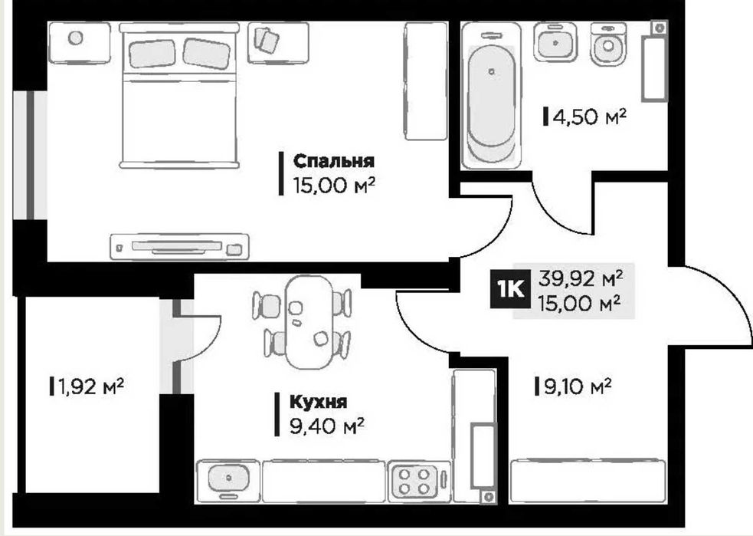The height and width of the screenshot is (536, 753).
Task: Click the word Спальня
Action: coord(333,160)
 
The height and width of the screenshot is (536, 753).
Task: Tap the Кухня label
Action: coord(318,401)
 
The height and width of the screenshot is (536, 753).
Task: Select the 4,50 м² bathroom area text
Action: coord(590,117)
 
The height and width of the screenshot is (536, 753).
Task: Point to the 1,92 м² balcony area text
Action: coord(90,386)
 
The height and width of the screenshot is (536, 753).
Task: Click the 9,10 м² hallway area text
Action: coord(578,386)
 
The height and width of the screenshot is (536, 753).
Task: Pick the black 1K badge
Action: coord(510,289)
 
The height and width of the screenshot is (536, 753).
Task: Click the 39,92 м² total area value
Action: coord(581,278)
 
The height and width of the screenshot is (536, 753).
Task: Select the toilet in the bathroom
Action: coord(608,44)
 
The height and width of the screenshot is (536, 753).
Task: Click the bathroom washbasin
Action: coord(555,42)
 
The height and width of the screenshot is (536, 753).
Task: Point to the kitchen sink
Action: coord(228,478)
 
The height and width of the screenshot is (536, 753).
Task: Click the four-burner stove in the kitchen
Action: coord(414,482)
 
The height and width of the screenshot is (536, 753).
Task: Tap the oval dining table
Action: coord(309,322)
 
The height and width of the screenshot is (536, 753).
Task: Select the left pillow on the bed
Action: coord(152,53)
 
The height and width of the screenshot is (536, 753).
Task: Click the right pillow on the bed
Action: coord(207,53)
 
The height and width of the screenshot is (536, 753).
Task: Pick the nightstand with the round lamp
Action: coord(80,42)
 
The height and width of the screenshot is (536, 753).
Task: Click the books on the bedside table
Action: coord(266,39)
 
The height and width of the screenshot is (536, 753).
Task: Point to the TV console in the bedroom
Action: coord(179,246)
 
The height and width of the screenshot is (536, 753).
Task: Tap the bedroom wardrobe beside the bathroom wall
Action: coord(425,81)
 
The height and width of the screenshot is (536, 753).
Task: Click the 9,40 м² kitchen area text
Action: coord(326,426)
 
